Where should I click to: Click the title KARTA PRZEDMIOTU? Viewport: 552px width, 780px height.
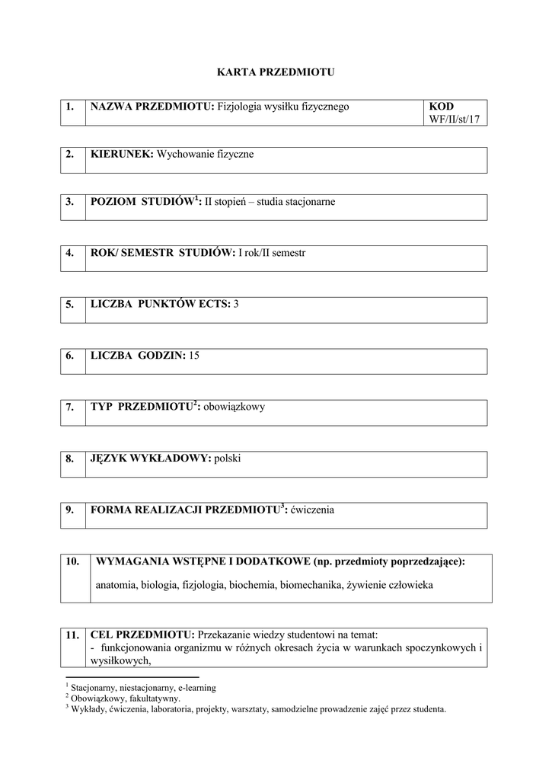coord(275,72)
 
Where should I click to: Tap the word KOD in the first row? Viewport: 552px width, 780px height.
coord(442,107)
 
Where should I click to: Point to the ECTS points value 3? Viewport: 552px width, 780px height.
coord(236,304)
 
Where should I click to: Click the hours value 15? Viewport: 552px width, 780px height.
coord(193,356)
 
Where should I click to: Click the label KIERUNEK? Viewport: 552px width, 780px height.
coord(122,154)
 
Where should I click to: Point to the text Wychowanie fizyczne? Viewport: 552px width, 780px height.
coord(205,154)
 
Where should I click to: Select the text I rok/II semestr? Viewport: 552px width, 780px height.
coord(272,252)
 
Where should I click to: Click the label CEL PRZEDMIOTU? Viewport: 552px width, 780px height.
coord(142,634)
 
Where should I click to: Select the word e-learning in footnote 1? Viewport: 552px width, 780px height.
coord(196,688)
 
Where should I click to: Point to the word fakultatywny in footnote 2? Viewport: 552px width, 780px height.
coord(157,698)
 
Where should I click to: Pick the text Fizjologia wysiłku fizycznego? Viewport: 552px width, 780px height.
coord(283,107)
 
